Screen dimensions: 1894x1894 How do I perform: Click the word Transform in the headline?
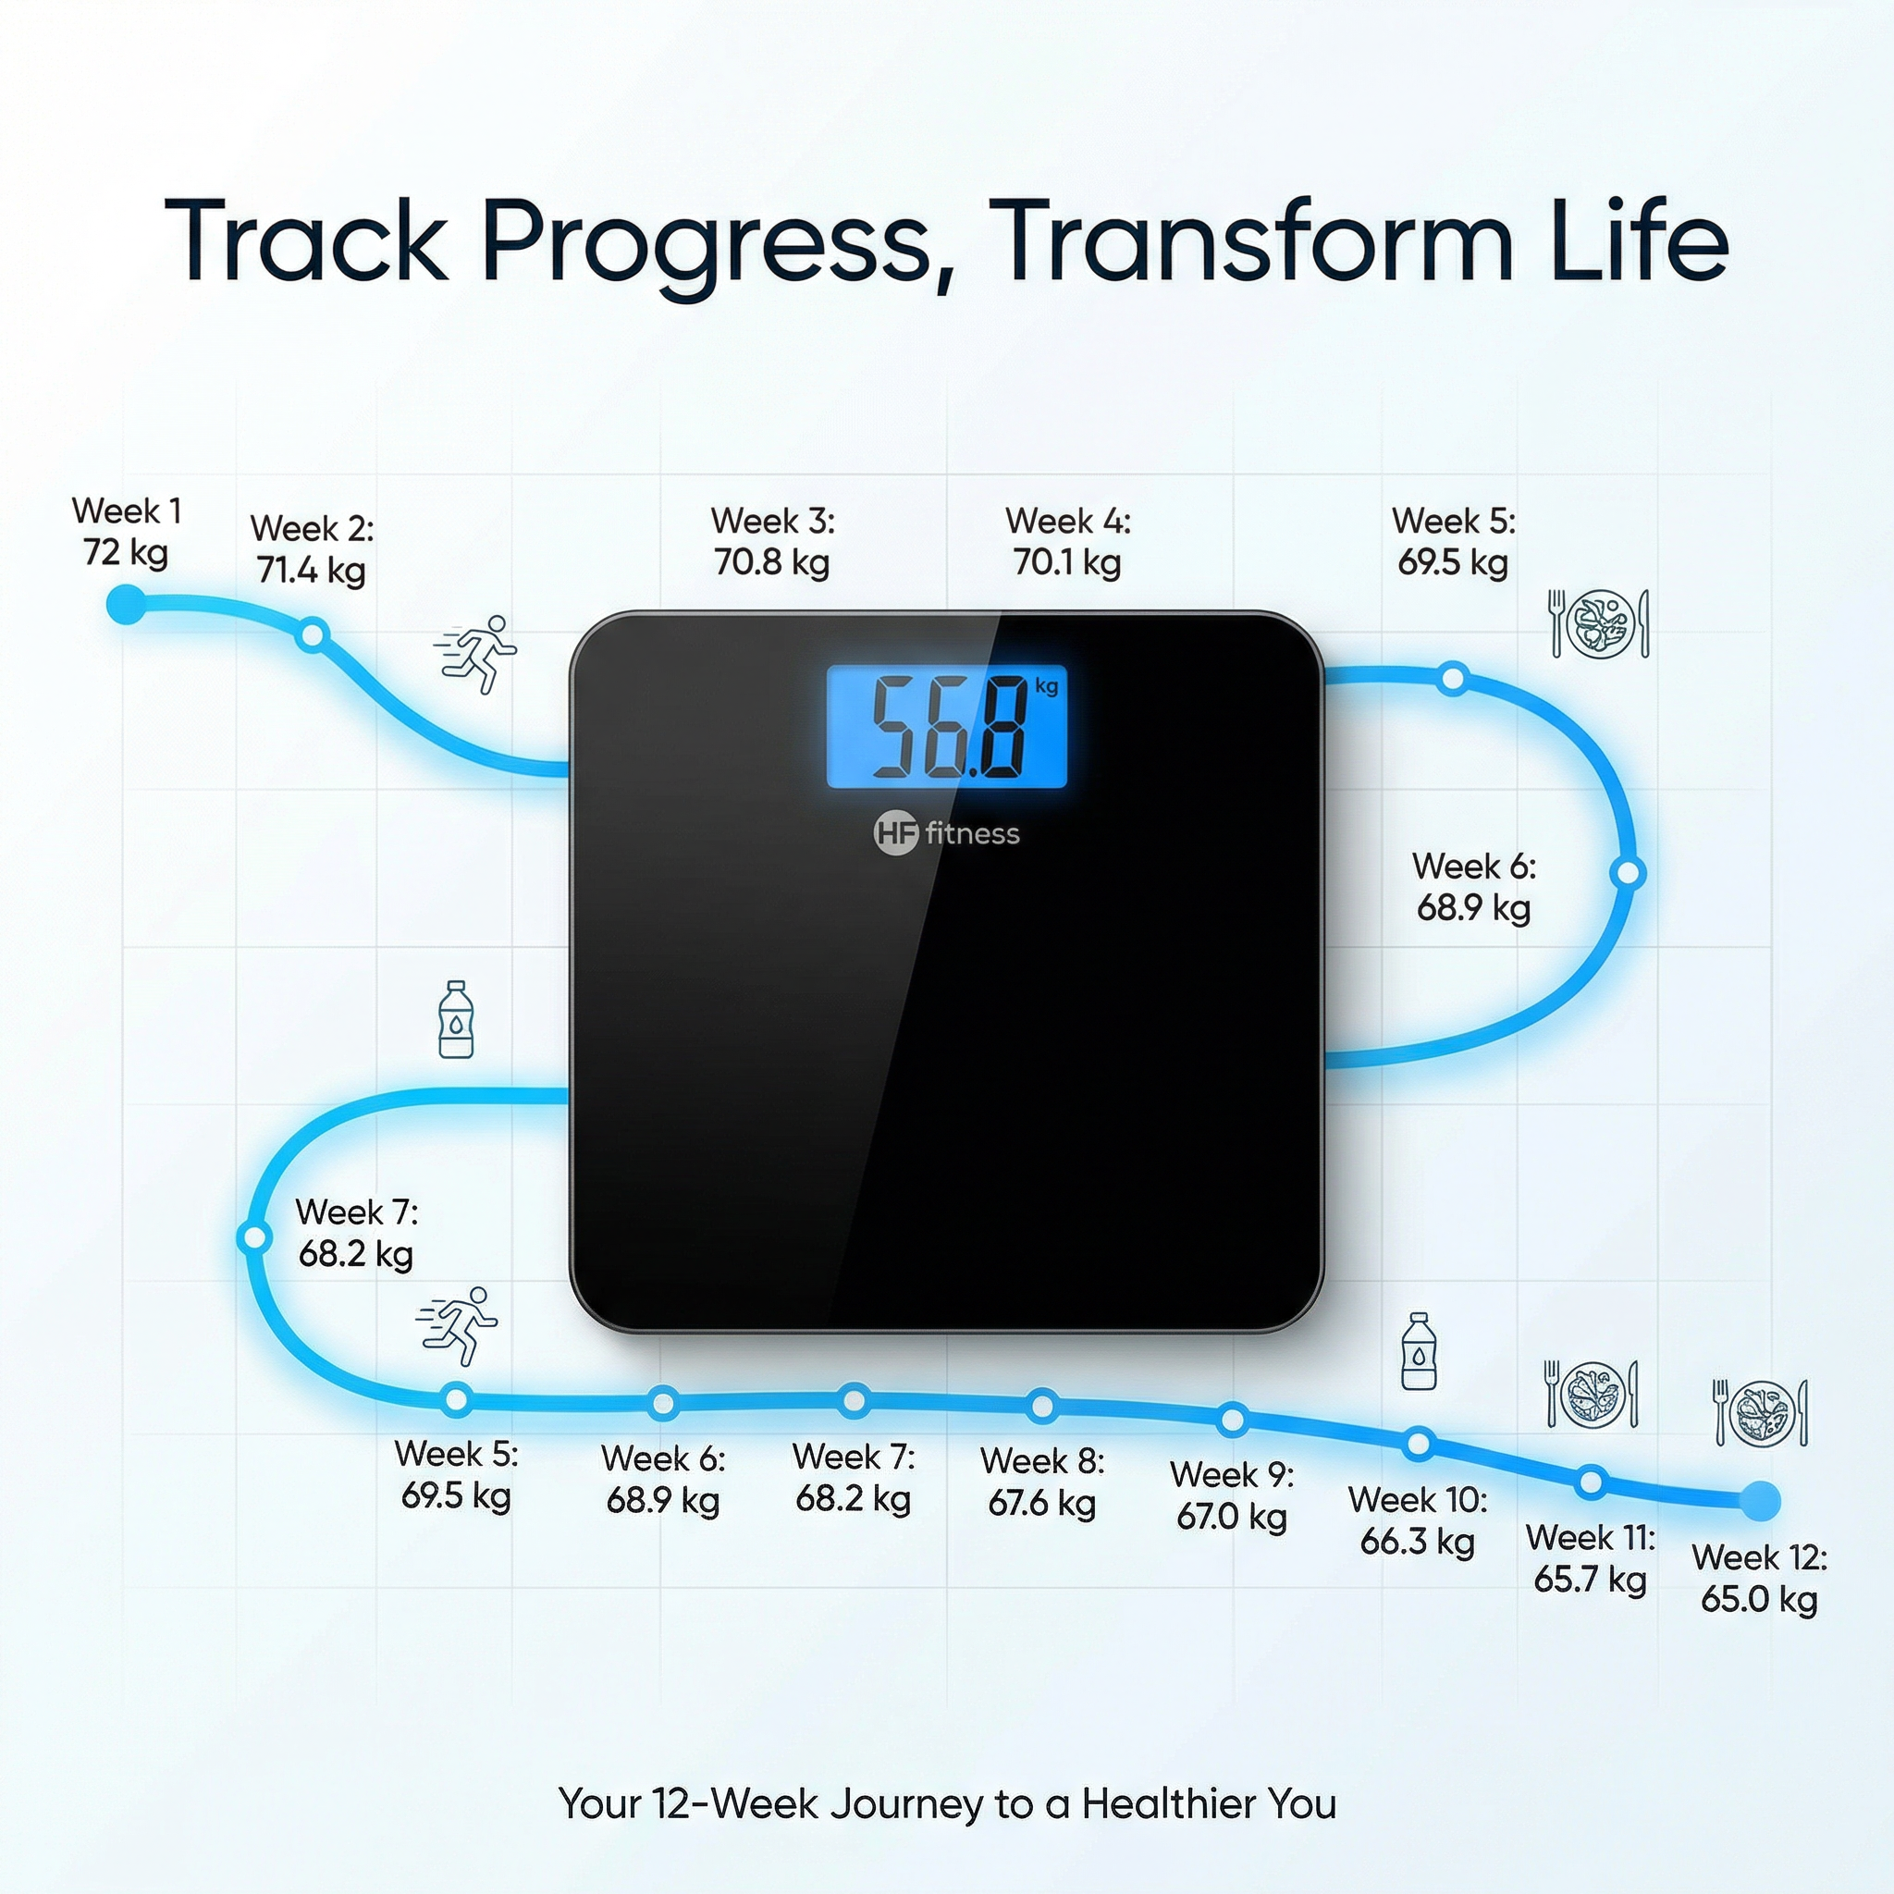pyautogui.click(x=1255, y=241)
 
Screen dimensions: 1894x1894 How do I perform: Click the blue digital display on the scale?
pyautogui.click(x=946, y=726)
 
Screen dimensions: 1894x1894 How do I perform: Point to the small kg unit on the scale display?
pyautogui.click(x=1046, y=685)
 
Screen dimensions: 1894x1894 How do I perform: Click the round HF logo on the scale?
pyautogui.click(x=895, y=834)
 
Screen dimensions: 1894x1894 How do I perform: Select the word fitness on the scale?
pyautogui.click(x=973, y=834)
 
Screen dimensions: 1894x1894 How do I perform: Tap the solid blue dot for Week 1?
pyautogui.click(x=126, y=605)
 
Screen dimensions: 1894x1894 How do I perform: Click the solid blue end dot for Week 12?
pyautogui.click(x=1760, y=1500)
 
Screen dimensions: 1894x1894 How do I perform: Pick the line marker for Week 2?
pyautogui.click(x=312, y=635)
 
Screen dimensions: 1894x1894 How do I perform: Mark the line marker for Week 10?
pyautogui.click(x=1419, y=1443)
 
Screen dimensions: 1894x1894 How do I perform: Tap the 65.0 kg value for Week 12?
pyautogui.click(x=1759, y=1599)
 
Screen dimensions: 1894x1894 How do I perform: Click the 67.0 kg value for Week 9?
pyautogui.click(x=1231, y=1517)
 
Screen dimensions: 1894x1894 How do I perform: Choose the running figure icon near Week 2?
pyautogui.click(x=475, y=654)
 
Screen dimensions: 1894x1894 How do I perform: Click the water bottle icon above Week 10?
pyautogui.click(x=1419, y=1351)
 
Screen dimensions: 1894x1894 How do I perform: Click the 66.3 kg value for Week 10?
pyautogui.click(x=1417, y=1542)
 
